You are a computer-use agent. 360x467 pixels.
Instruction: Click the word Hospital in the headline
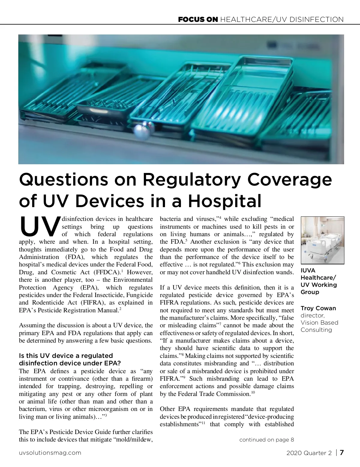tap(225, 201)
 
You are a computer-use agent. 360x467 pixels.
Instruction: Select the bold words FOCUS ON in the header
tap(198, 20)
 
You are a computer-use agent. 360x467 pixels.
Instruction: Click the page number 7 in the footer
tap(341, 453)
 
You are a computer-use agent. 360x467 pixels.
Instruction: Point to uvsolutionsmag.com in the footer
tap(50, 453)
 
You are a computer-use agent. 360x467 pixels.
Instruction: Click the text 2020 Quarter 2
tap(309, 453)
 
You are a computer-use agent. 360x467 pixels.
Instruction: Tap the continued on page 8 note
tap(266, 440)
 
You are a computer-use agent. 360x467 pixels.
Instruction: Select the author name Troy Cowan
tap(318, 308)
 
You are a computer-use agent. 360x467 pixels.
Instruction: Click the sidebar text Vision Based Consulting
tap(319, 326)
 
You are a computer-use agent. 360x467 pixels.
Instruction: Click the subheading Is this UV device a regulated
tap(66, 356)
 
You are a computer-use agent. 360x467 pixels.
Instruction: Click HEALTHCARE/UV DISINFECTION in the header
tap(282, 20)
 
